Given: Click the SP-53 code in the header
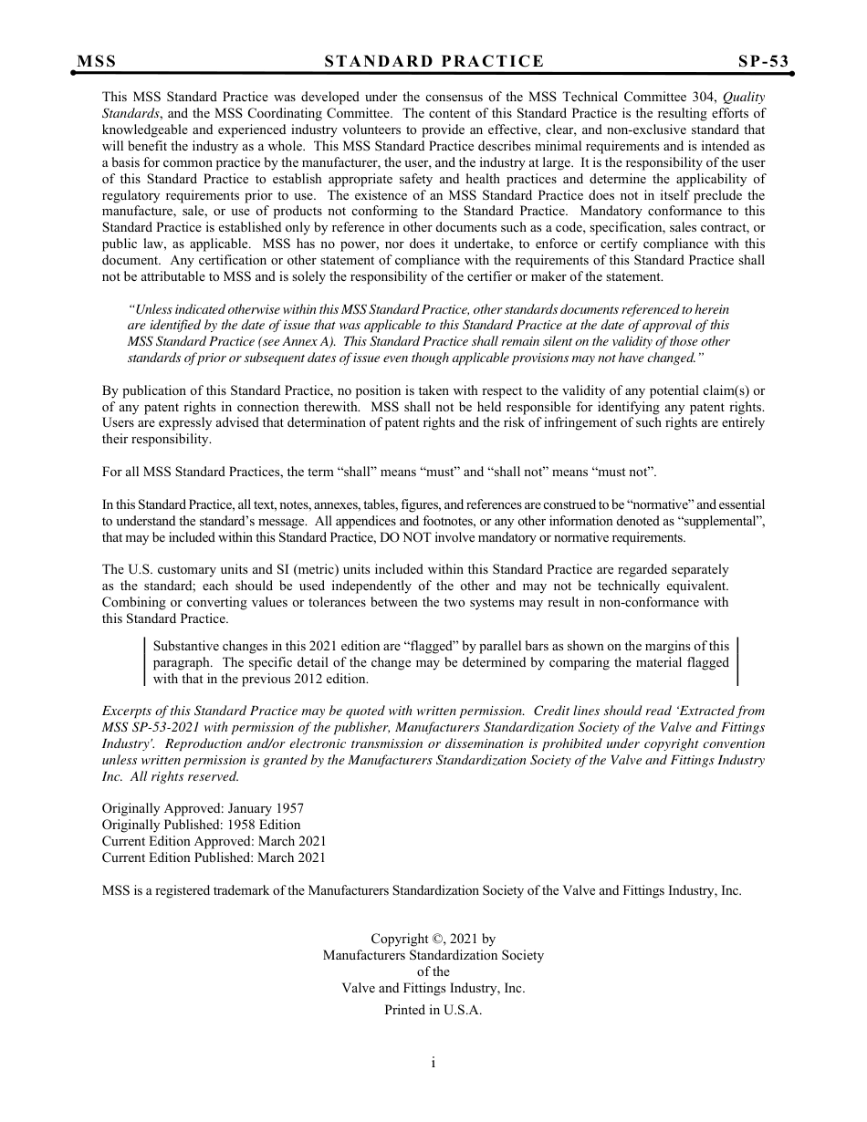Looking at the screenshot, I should coord(763,61).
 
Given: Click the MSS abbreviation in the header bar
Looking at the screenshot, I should coord(97,61).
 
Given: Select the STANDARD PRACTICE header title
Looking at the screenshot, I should coord(433,61).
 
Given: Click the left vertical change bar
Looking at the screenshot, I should coord(144,661).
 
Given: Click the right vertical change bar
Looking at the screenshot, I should coord(736,661).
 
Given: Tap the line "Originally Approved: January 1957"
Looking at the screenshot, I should coord(203,808).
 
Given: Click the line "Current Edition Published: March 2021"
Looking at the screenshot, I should coord(214,857).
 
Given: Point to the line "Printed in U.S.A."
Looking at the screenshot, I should coord(433,1010).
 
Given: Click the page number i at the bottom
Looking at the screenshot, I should coord(433,1062).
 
